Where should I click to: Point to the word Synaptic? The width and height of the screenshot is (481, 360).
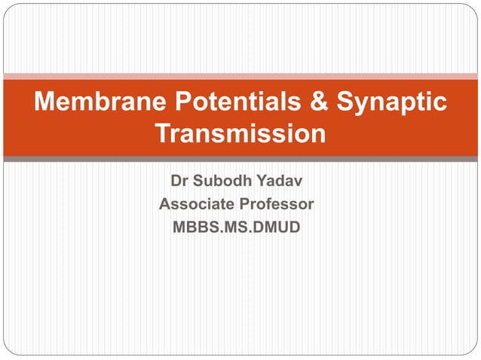tap(391, 104)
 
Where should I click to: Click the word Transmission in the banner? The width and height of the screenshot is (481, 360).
tap(240, 134)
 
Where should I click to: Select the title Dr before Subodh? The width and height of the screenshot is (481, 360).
tap(179, 182)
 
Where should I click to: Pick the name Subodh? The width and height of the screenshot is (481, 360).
tap(222, 182)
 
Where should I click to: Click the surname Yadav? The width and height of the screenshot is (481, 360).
tap(282, 182)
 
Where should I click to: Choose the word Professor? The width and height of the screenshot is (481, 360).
tap(277, 204)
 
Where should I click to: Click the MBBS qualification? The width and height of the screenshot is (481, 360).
tap(193, 226)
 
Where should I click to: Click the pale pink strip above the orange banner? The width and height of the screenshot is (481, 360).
tap(240, 76)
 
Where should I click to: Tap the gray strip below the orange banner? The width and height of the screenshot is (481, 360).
tap(240, 159)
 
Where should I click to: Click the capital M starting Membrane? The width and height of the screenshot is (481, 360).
tap(46, 102)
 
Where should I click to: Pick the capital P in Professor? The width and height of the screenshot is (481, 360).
tap(248, 204)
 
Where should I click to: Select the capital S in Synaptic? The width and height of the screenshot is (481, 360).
tap(345, 102)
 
